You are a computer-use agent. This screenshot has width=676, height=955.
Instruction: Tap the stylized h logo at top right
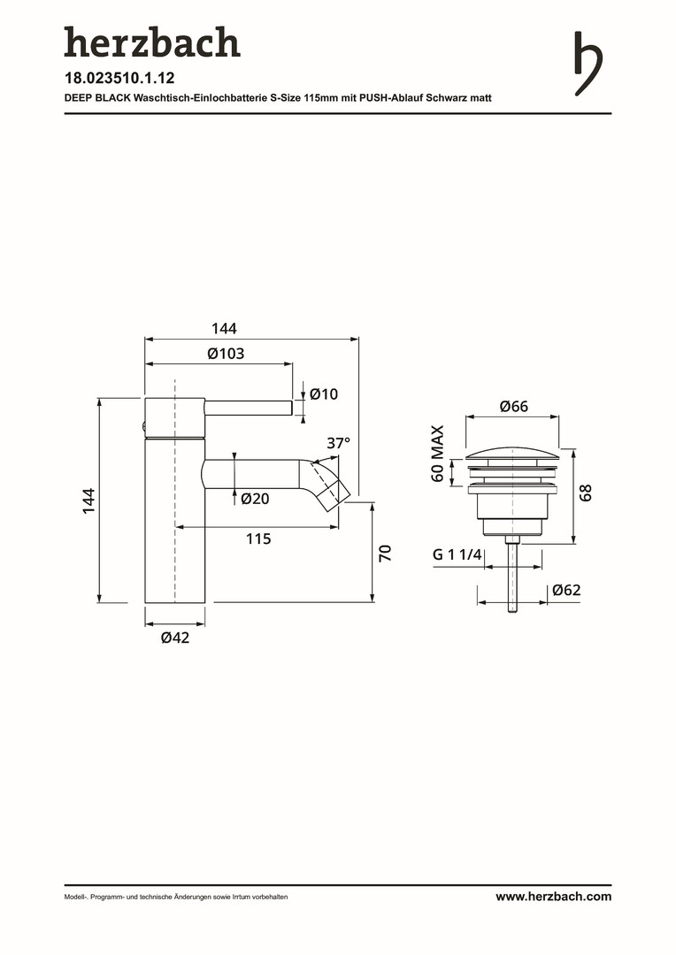tap(588, 64)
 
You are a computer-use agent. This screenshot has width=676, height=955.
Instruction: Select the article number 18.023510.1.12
tap(119, 78)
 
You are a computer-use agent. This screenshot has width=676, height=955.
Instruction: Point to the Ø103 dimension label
tap(226, 353)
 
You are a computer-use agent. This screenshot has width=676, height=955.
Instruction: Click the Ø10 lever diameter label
tap(324, 394)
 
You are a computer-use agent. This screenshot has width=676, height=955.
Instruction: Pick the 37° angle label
tap(338, 443)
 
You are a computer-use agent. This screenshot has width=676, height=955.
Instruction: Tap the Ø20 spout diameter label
tap(255, 499)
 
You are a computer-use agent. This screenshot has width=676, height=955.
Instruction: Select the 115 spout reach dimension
tap(258, 539)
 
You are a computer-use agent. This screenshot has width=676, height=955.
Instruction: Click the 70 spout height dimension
tap(385, 553)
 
